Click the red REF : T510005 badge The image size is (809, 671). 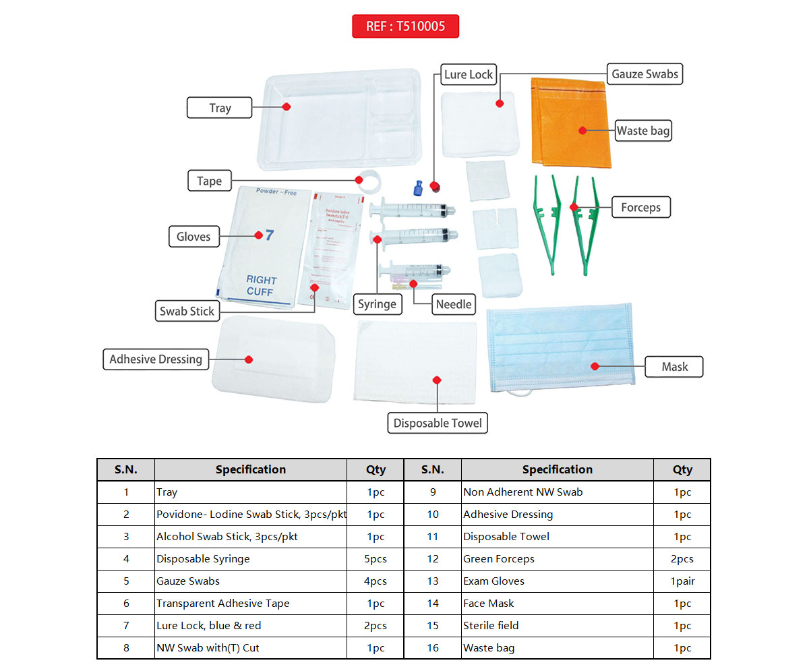[x=405, y=26]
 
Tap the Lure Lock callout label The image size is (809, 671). [x=469, y=75]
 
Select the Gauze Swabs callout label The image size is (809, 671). [x=645, y=74]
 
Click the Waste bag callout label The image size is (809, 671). [x=643, y=131]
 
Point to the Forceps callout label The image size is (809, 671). [x=640, y=208]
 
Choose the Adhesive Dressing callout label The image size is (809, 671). [x=156, y=359]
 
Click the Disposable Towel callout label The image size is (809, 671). [x=438, y=423]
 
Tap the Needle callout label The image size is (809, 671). [x=454, y=304]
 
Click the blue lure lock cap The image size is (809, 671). [x=419, y=186]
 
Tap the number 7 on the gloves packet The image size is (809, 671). [x=269, y=235]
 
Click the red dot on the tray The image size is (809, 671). [x=287, y=107]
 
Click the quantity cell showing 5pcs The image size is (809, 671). [x=376, y=559]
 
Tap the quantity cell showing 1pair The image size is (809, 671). [x=682, y=581]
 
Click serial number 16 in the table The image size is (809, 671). [x=433, y=648]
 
